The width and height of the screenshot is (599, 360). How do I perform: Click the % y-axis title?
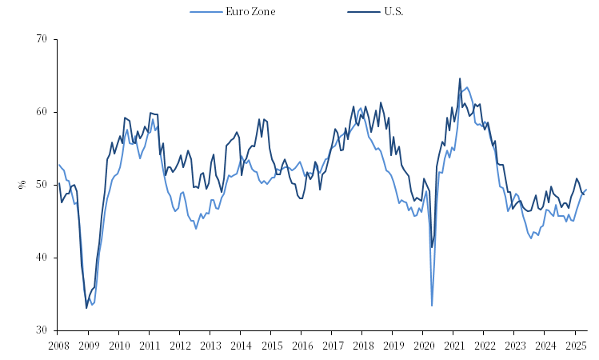tap(22, 185)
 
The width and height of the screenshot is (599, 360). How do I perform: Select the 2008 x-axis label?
tap(58, 345)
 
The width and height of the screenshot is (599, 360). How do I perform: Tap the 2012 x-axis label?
tap(180, 345)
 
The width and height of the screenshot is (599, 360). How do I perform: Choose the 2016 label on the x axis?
tap(301, 345)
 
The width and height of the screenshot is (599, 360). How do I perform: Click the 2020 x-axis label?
tap(424, 345)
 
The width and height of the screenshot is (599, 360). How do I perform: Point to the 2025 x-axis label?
tap(576, 345)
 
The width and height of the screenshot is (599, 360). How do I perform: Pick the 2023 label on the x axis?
tap(515, 345)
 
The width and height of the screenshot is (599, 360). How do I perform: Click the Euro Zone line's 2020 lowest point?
tap(432, 306)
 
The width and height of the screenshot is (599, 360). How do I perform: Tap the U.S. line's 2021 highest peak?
tap(460, 78)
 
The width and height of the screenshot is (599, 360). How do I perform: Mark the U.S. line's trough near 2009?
tap(86, 308)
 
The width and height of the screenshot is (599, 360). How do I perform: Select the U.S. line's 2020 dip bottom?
tap(432, 247)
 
